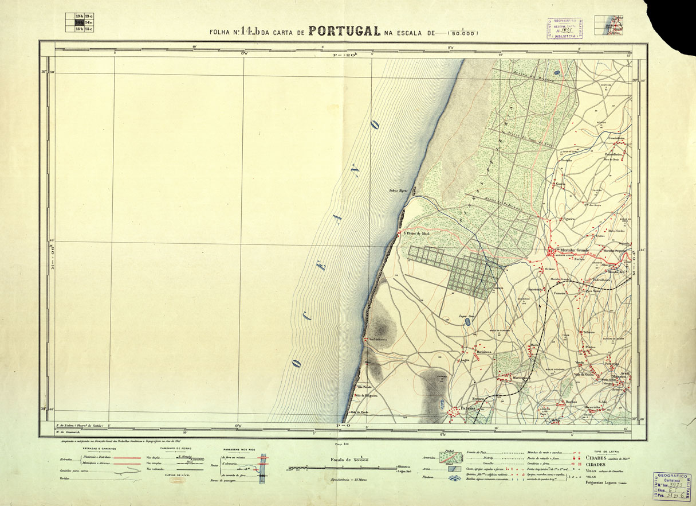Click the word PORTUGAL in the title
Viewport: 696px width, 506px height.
pyautogui.click(x=344, y=31)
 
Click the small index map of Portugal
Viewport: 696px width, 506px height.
pyautogui.click(x=609, y=26)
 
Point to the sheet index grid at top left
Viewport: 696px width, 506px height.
pyautogui.click(x=80, y=22)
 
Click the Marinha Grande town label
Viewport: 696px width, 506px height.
pyautogui.click(x=575, y=250)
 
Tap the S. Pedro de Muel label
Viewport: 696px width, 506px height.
pyautogui.click(x=417, y=233)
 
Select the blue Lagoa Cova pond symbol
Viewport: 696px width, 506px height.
pyautogui.click(x=468, y=322)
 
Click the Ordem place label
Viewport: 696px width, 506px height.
pyautogui.click(x=550, y=268)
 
